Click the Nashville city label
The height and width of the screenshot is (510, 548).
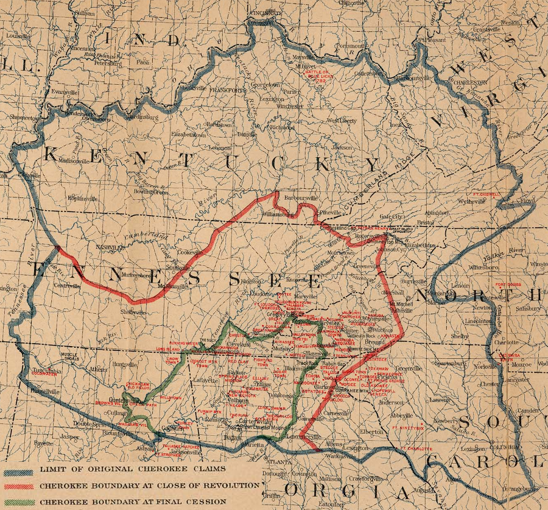pyautogui.click(x=107, y=248)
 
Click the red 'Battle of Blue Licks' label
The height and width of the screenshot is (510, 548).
pyautogui.click(x=317, y=76)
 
